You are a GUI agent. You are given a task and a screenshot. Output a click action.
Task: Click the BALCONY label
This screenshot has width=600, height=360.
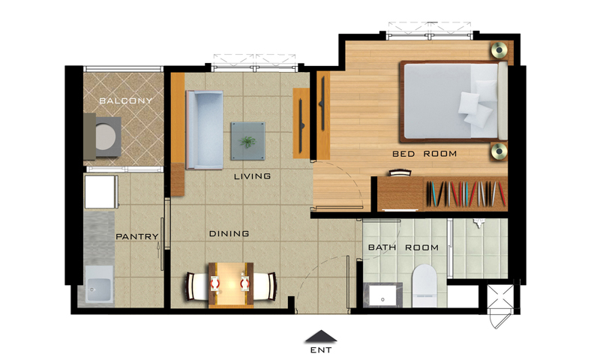(125, 101)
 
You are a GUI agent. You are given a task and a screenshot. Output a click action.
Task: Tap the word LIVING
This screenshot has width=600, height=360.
(252, 176)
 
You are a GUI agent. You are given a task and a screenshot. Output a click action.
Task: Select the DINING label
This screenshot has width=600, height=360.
(229, 233)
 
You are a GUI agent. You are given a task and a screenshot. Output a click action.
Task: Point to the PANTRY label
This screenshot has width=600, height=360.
(137, 237)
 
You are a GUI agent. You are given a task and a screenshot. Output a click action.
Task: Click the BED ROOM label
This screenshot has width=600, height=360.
(424, 154)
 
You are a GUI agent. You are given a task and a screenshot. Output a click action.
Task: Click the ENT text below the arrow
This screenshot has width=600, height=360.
(321, 349)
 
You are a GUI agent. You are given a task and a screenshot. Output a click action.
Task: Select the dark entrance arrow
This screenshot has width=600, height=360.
(321, 336)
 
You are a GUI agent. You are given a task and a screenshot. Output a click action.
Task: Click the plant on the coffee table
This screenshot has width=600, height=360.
(248, 142)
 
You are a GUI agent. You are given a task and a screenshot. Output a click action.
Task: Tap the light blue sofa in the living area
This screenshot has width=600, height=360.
(204, 130)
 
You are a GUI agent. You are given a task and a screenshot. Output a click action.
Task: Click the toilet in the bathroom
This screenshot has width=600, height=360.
(424, 286)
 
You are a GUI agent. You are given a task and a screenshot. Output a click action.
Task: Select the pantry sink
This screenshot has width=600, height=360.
(99, 284)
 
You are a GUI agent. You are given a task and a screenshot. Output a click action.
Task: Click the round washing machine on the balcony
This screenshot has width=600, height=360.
(105, 137)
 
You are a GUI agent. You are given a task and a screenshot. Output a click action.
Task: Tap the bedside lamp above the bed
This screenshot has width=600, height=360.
(499, 49)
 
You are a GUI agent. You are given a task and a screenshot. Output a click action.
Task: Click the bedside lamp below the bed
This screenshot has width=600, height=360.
(499, 151)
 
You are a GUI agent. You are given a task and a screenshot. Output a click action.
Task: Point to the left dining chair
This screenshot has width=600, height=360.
(197, 286)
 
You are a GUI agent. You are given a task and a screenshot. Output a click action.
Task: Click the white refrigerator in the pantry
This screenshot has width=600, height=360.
(100, 192)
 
